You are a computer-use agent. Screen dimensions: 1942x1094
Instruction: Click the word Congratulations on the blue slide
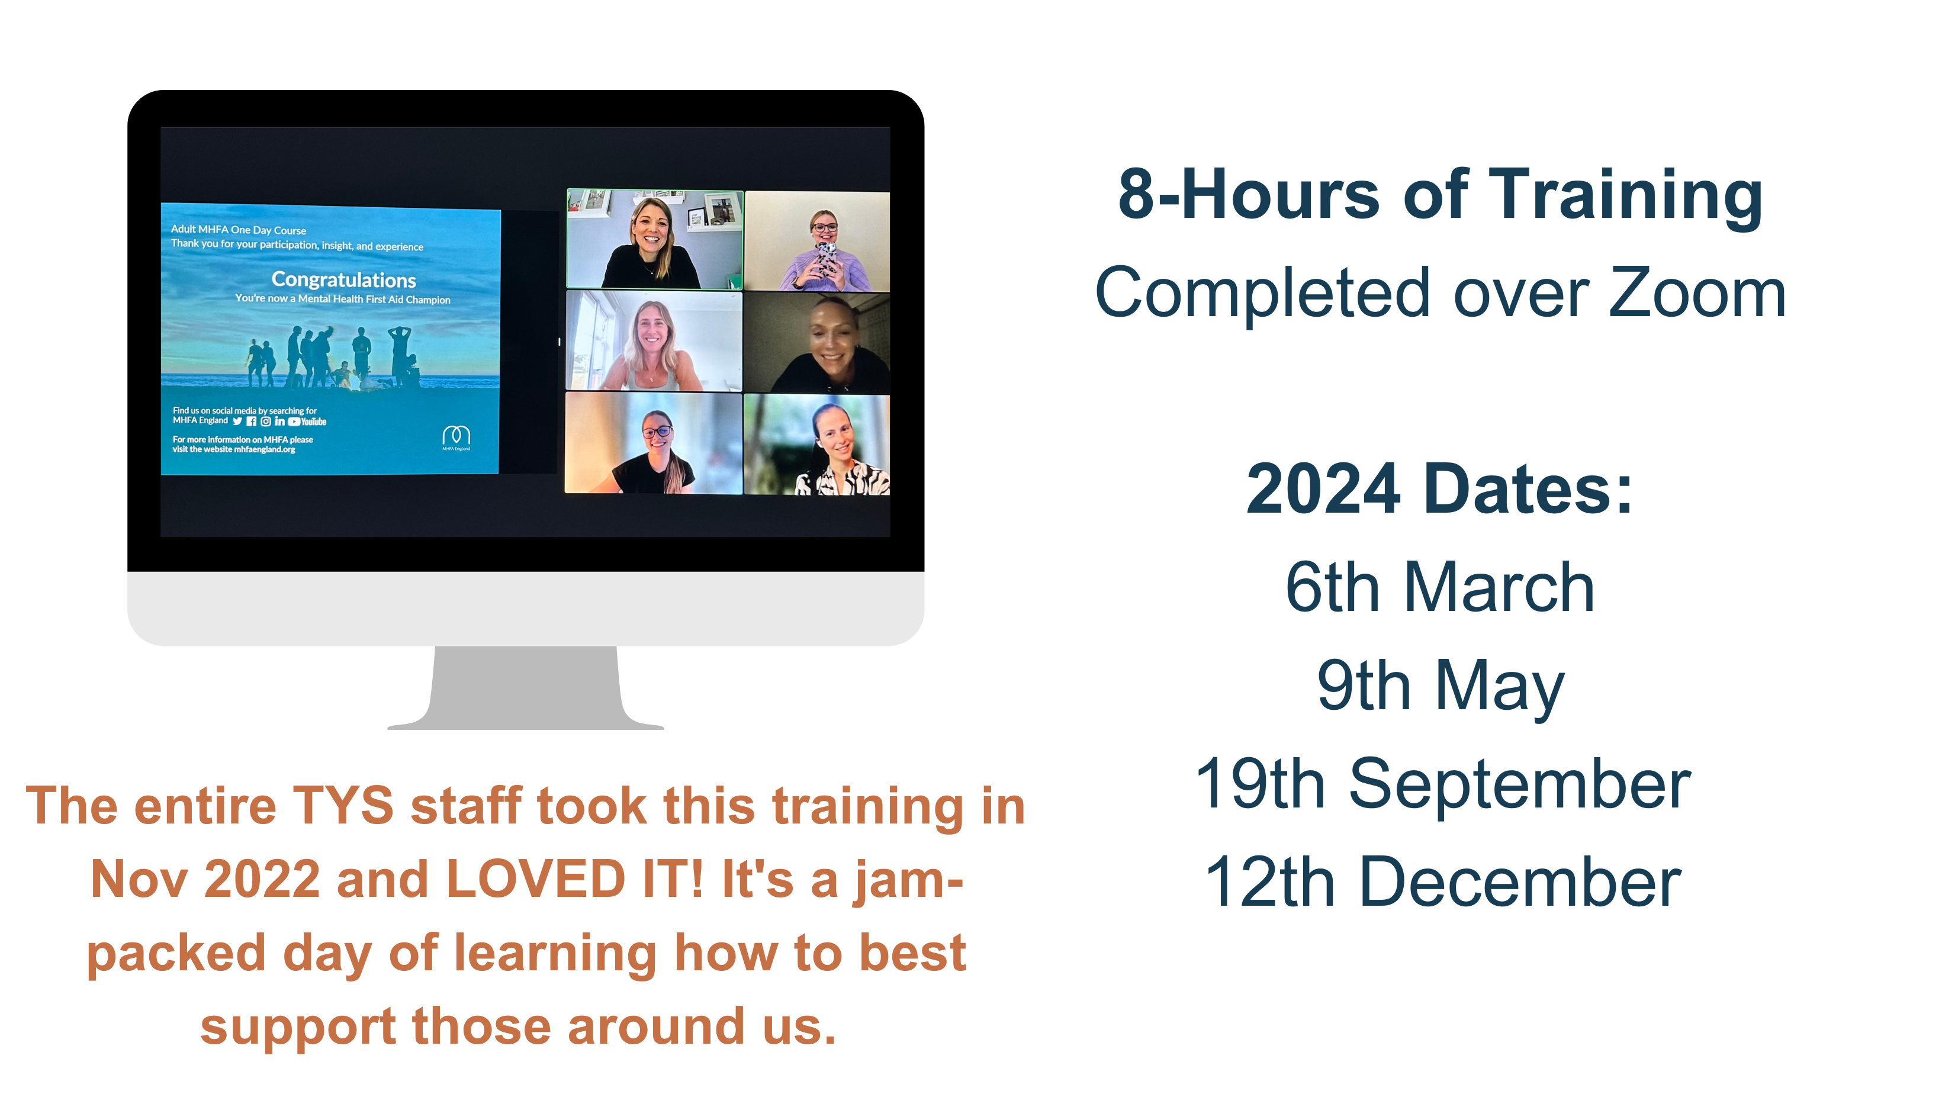coord(344,280)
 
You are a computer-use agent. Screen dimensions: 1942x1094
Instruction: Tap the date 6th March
coord(1440,587)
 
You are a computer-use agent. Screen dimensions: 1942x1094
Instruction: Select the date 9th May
coord(1440,686)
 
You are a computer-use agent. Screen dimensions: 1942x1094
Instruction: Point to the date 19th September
coord(1443,785)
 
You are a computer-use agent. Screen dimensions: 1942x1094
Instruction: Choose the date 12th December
coord(1443,882)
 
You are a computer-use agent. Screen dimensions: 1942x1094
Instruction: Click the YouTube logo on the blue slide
coord(308,421)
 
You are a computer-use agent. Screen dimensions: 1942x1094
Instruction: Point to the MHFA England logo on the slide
coord(456,438)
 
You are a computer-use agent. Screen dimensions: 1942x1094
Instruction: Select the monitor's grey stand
coord(525,688)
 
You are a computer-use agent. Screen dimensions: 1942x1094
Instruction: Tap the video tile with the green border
coord(654,239)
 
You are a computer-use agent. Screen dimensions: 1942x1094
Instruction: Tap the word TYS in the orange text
coord(343,806)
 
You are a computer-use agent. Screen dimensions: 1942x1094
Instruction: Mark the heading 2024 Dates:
coord(1440,490)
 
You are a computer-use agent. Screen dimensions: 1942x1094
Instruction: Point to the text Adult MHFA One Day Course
coord(238,230)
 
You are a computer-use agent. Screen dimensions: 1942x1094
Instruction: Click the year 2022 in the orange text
coord(262,879)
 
